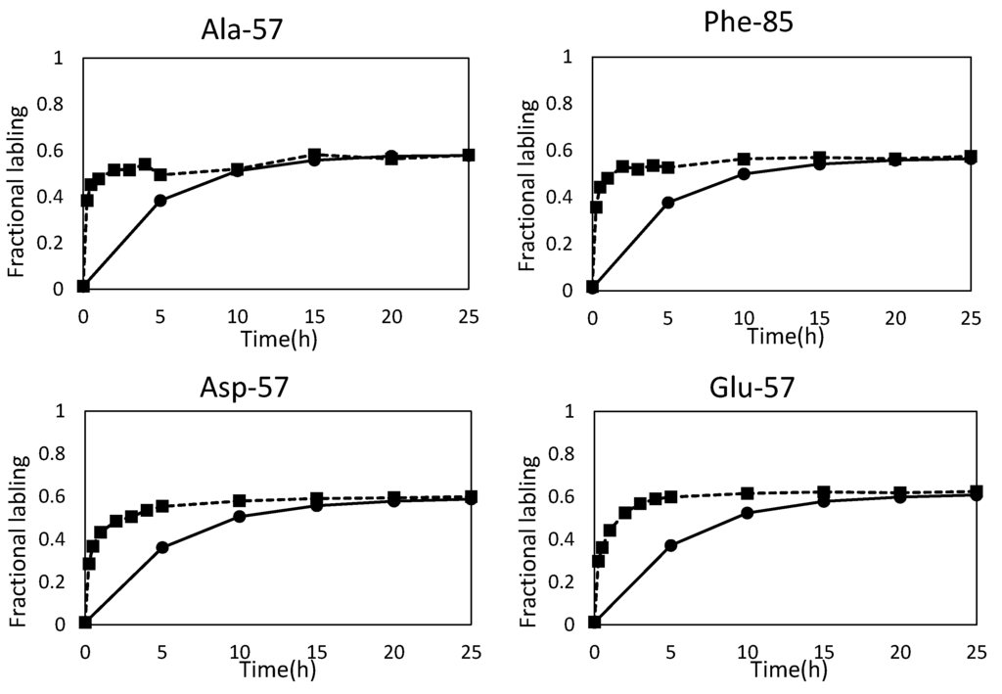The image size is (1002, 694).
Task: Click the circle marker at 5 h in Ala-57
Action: pyautogui.click(x=160, y=201)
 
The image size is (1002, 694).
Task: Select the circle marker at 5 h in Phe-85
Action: pyautogui.click(x=668, y=203)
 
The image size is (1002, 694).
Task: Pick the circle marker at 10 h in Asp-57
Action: pyautogui.click(x=239, y=516)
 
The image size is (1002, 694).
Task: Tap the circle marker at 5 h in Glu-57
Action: pyautogui.click(x=670, y=545)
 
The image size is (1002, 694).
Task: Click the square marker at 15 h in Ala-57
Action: pyautogui.click(x=315, y=155)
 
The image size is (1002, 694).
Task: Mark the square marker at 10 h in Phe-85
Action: pyautogui.click(x=744, y=159)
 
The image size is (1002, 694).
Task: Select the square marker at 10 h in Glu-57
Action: pyautogui.click(x=747, y=493)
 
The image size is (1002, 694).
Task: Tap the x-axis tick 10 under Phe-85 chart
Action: pyautogui.click(x=745, y=319)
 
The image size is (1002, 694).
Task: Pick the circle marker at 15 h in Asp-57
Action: pyautogui.click(x=316, y=505)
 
